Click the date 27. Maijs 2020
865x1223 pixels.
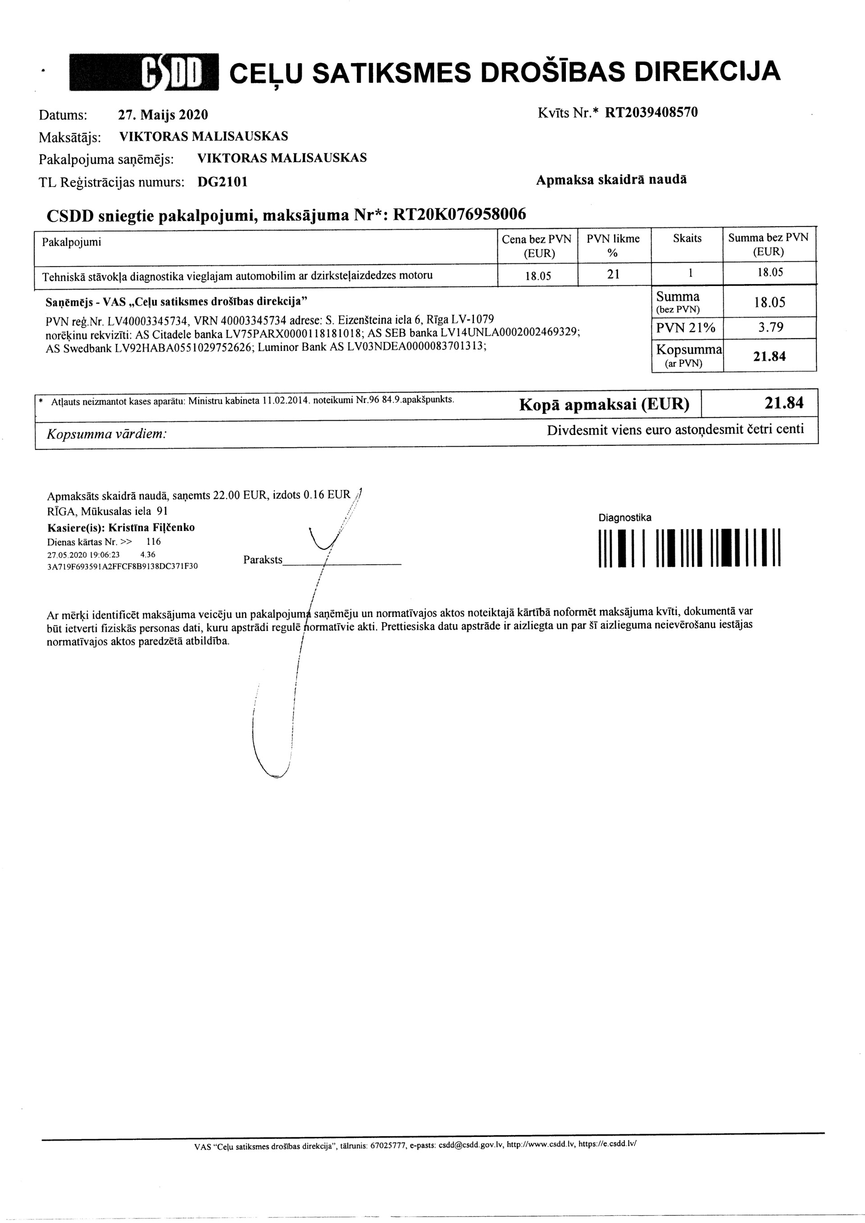[x=163, y=114]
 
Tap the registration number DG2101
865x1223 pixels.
[x=222, y=182]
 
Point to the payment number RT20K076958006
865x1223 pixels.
[x=459, y=214]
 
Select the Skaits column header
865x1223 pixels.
[x=687, y=239]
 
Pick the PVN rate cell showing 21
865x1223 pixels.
[x=614, y=274]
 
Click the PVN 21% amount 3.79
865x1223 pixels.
[x=770, y=327]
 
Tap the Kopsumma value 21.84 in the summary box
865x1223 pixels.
[x=769, y=356]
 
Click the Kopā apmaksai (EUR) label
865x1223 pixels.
[x=604, y=405]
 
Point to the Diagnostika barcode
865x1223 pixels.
[x=690, y=547]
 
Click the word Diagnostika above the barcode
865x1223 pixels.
[x=624, y=518]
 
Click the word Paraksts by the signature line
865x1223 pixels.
[x=263, y=560]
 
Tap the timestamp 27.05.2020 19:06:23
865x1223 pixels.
[x=84, y=554]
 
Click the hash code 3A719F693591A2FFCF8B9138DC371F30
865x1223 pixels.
[x=123, y=566]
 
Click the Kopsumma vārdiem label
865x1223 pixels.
[x=107, y=434]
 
